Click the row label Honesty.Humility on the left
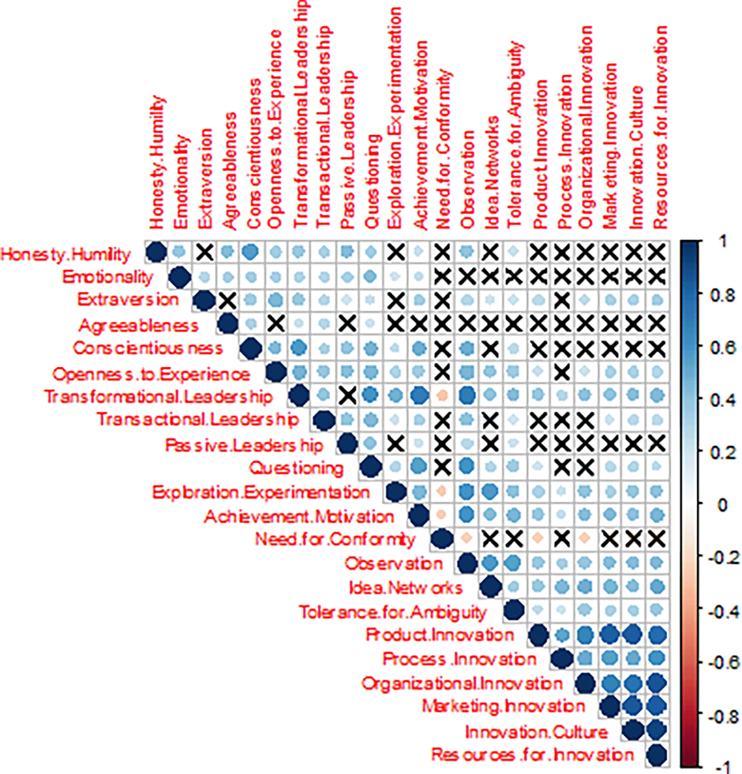pyautogui.click(x=66, y=254)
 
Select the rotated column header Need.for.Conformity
pyautogui.click(x=443, y=150)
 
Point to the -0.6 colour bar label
pyautogui.click(x=722, y=663)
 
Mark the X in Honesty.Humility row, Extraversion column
pyautogui.click(x=204, y=252)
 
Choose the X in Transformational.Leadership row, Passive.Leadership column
pyautogui.click(x=347, y=395)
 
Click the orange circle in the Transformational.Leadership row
pyautogui.click(x=442, y=395)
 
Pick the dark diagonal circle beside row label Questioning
pyautogui.click(x=371, y=467)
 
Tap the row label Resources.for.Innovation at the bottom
pyautogui.click(x=532, y=755)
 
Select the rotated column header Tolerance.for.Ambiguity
pyautogui.click(x=514, y=134)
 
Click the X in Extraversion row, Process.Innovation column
pyautogui.click(x=562, y=299)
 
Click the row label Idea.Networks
pyautogui.click(x=406, y=588)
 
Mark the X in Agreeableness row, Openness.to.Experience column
pyautogui.click(x=276, y=323)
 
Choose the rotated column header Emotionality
pyautogui.click(x=181, y=182)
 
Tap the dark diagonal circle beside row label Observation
pyautogui.click(x=467, y=563)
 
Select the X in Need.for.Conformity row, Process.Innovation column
pyautogui.click(x=562, y=538)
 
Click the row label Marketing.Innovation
pyautogui.click(x=503, y=707)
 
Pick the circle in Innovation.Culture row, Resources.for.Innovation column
pyautogui.click(x=657, y=730)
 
